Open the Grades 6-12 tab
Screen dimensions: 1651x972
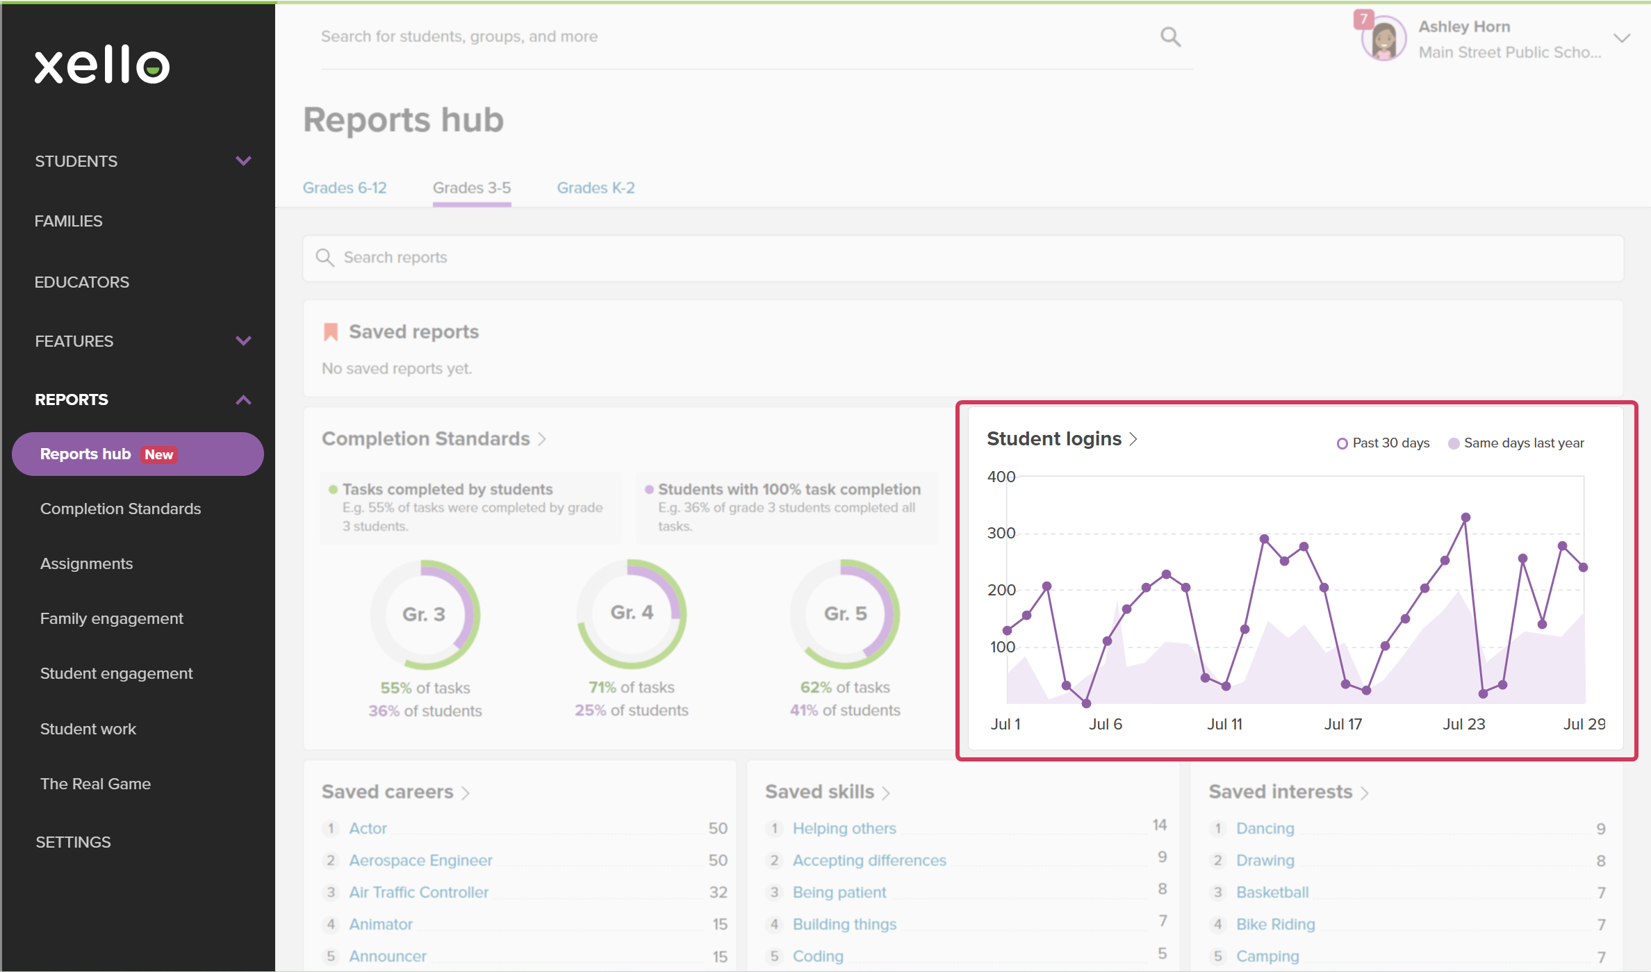[345, 188]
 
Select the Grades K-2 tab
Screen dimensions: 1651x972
[595, 188]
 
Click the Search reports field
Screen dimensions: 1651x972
[963, 258]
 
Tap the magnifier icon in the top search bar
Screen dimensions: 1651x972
[1170, 37]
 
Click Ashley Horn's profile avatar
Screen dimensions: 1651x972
[1383, 39]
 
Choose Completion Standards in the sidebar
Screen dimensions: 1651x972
[120, 509]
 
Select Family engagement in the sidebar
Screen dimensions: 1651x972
[112, 618]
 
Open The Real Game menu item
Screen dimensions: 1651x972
[95, 784]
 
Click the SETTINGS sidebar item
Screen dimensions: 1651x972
[73, 842]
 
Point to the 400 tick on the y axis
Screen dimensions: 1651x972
[1001, 477]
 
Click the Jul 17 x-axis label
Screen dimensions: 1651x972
[1343, 724]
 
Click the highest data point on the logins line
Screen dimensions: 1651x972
[1465, 517]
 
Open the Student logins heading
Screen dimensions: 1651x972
[1054, 439]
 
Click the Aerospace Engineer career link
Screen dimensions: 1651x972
[420, 860]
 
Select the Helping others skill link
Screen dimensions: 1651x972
[844, 828]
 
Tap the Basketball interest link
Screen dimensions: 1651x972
[1272, 892]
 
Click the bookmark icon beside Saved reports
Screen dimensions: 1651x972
[331, 332]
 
